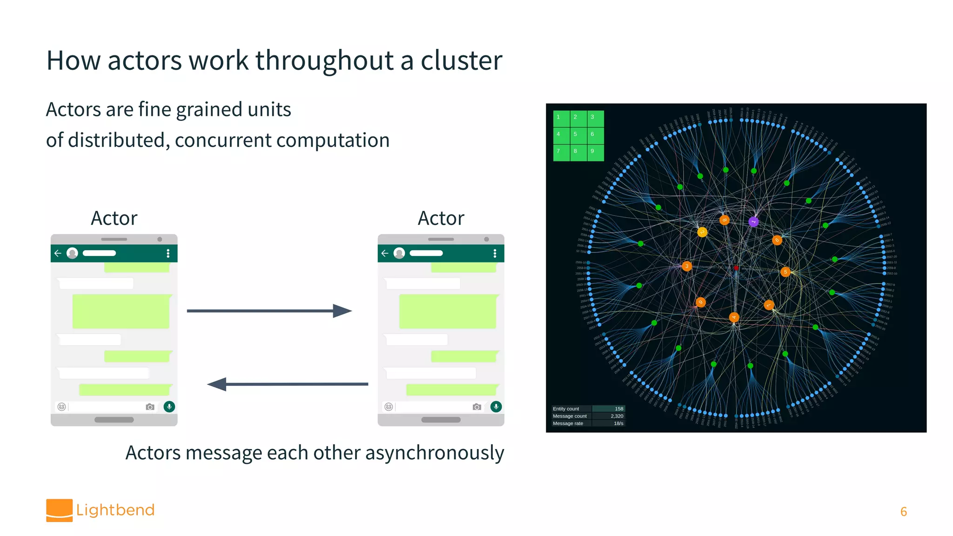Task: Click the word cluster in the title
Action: pyautogui.click(x=461, y=61)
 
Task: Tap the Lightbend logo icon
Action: pyautogui.click(x=59, y=510)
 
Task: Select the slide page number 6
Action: pyautogui.click(x=903, y=511)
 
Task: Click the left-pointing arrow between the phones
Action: pyautogui.click(x=288, y=384)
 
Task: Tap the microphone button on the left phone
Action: pyautogui.click(x=169, y=407)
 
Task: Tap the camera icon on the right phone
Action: pyautogui.click(x=476, y=407)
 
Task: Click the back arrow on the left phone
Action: pyautogui.click(x=58, y=253)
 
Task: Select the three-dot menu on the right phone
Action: pyautogui.click(x=495, y=253)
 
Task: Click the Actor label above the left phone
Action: pyautogui.click(x=114, y=218)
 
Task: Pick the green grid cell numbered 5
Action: pyautogui.click(x=576, y=134)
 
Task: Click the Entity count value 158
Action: pyautogui.click(x=618, y=409)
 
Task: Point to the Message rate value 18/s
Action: pyautogui.click(x=618, y=423)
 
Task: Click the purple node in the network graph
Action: pyautogui.click(x=753, y=221)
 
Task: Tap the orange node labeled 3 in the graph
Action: pyautogui.click(x=686, y=266)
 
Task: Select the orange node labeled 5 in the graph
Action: pyautogui.click(x=785, y=272)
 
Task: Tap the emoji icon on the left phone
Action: pyautogui.click(x=61, y=407)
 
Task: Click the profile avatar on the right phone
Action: pyautogui.click(x=399, y=253)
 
